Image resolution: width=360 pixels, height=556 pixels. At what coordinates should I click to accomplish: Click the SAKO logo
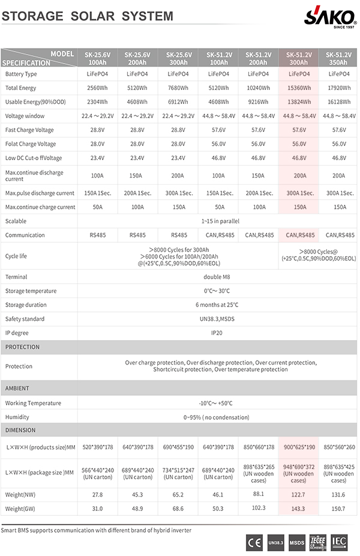[330, 16]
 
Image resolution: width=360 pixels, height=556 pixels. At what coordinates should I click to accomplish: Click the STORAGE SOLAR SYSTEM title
[88, 16]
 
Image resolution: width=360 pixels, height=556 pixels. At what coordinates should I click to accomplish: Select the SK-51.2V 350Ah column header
[338, 58]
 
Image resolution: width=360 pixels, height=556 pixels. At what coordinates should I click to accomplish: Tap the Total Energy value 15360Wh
[299, 88]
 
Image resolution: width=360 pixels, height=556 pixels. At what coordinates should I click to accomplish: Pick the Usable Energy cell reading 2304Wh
[97, 102]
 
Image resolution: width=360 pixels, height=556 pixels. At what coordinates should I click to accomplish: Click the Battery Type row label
[21, 74]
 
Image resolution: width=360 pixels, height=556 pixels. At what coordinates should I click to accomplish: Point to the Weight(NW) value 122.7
[298, 495]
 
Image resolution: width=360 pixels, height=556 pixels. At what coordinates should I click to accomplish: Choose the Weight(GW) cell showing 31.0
[97, 509]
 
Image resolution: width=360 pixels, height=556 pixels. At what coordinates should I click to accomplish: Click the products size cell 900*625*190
[298, 447]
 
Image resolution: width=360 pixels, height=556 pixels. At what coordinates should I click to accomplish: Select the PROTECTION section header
[23, 347]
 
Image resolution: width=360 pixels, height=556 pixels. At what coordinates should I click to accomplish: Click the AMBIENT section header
[17, 389]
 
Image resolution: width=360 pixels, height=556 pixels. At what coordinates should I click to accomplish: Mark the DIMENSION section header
[20, 430]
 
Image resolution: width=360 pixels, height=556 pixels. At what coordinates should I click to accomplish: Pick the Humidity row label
[17, 417]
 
